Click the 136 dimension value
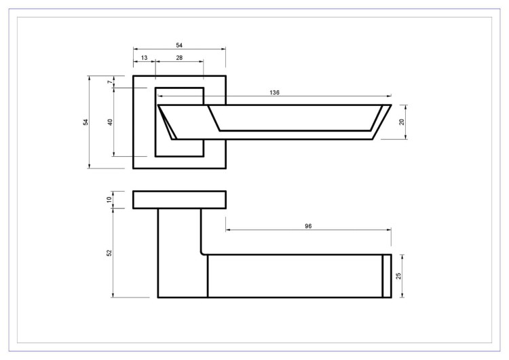[x=274, y=92]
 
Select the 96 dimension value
[x=308, y=226]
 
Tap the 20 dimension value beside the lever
[x=402, y=122]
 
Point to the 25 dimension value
[x=400, y=276]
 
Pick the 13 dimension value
[x=144, y=58]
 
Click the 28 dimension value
[x=179, y=58]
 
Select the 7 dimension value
[x=109, y=82]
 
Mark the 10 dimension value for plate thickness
[x=109, y=200]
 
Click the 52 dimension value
[x=109, y=253]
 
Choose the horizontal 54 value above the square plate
[x=179, y=45]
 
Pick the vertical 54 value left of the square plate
[x=86, y=122]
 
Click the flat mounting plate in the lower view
[x=179, y=200]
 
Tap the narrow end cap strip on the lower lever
[x=387, y=276]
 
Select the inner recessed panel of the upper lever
[x=292, y=117]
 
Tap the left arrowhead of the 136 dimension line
[x=160, y=96]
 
